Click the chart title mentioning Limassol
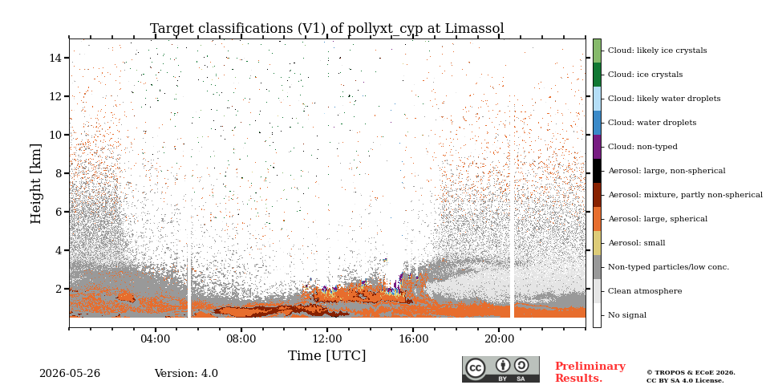coord(327,29)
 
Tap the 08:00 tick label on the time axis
coord(241,338)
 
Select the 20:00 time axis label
coord(499,338)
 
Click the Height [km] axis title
coord(36,184)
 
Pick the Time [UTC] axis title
coord(327,355)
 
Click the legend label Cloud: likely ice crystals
coord(658,50)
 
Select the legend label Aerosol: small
coord(636,242)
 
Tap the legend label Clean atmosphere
coord(645,290)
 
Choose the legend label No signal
coord(627,314)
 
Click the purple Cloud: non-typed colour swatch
coord(597,146)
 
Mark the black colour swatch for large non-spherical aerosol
coord(597,170)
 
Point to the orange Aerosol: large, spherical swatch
coord(597,218)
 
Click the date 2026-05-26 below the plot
coord(70,373)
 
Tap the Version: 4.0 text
coord(186,373)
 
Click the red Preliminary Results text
coord(590,372)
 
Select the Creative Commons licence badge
coord(500,369)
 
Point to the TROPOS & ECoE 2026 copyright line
coord(691,373)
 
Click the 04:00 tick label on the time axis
coord(156,338)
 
